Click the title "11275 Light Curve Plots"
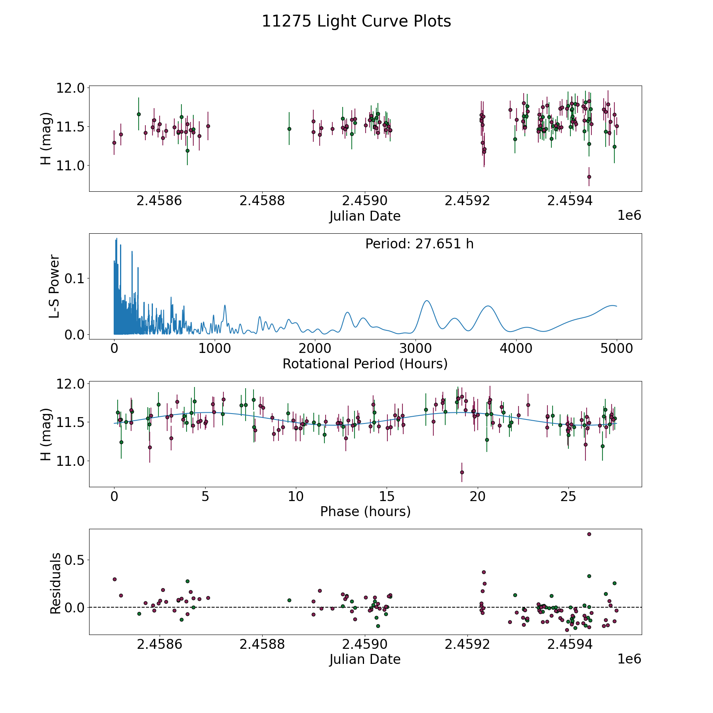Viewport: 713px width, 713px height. [x=356, y=21]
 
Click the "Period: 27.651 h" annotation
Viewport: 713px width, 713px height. [x=419, y=244]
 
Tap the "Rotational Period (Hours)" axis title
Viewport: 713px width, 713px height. [x=365, y=364]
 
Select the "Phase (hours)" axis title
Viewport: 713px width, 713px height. [x=365, y=511]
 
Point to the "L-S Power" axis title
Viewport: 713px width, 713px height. [x=54, y=286]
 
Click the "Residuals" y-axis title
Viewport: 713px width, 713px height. [x=55, y=583]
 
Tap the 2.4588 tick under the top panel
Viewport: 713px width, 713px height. [x=262, y=201]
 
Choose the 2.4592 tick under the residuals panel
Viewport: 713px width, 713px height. [x=467, y=644]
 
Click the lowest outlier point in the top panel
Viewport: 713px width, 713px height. [x=589, y=177]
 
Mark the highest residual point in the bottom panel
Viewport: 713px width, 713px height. [x=589, y=534]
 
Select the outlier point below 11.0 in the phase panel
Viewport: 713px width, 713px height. [x=462, y=472]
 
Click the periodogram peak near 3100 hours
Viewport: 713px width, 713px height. [x=427, y=301]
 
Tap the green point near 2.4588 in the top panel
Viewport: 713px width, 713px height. [x=289, y=129]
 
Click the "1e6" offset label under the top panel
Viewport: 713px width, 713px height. [x=629, y=215]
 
